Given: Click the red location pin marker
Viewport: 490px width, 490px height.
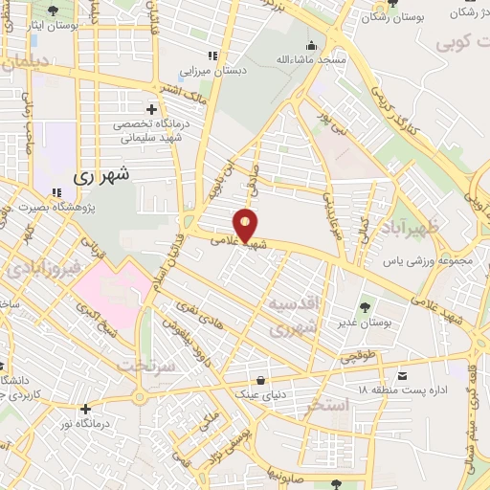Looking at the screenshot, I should point(246,224).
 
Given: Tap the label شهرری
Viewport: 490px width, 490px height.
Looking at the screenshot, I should point(100,176).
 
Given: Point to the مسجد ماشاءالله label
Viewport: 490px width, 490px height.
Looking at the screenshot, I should point(309,60).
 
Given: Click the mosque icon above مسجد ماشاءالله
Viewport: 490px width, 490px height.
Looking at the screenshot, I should point(312,44).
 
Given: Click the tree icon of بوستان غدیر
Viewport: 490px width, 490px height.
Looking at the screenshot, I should point(365,307).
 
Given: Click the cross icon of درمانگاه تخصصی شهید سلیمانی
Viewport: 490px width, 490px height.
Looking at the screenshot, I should point(151,109).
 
